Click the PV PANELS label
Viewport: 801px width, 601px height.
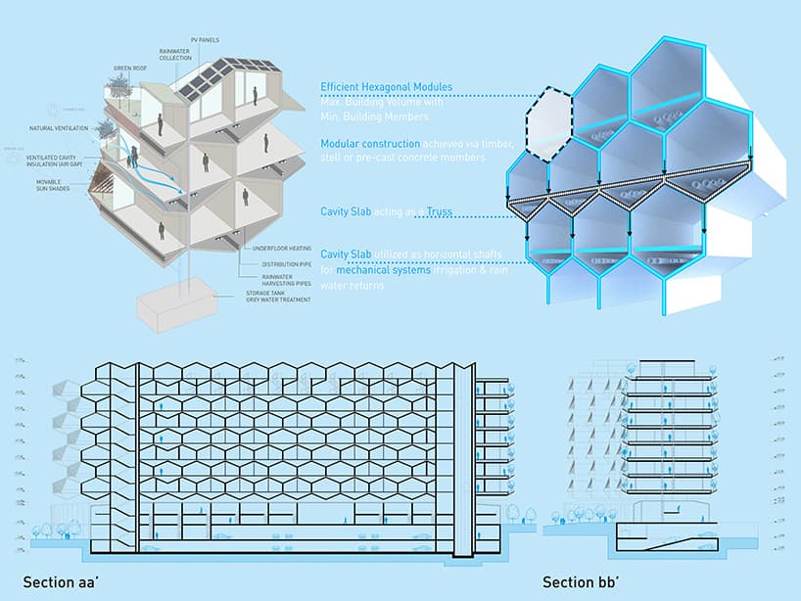(206, 40)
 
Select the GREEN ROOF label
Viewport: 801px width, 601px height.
(129, 69)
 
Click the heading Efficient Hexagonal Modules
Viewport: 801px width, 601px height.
(385, 86)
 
